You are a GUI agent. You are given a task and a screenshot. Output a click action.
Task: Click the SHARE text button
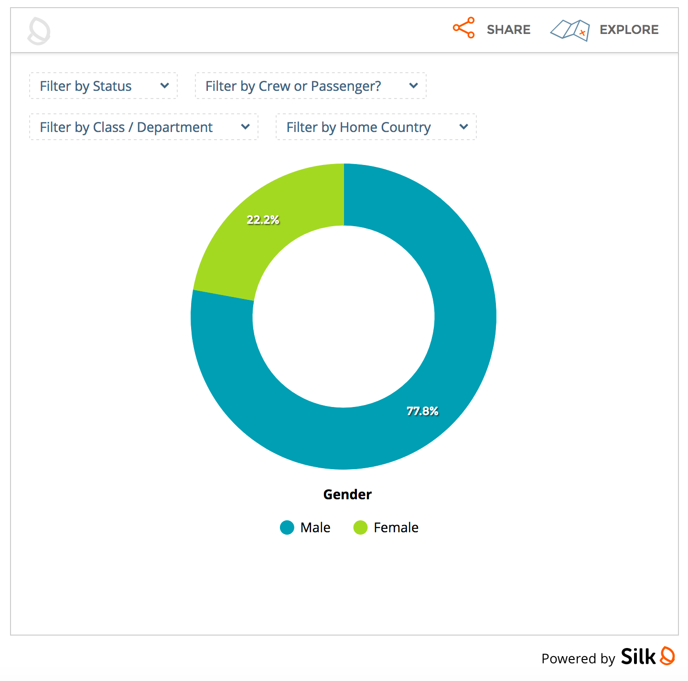pos(508,30)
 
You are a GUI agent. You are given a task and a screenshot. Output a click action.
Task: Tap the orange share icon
pos(464,28)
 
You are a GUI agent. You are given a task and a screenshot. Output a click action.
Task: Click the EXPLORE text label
pos(629,30)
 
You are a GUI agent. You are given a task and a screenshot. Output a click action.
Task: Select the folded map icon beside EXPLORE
pos(570,30)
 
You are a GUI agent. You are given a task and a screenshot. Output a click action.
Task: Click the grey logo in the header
pos(39,31)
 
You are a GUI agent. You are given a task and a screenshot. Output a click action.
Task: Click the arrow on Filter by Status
pos(165,86)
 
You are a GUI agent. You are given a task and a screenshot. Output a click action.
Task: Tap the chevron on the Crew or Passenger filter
pos(414,86)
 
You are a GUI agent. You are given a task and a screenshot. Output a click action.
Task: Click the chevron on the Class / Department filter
pos(246,127)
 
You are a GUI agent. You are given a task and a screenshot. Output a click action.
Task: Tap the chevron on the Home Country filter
pos(463,127)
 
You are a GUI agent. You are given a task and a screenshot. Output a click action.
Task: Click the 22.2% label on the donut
pos(263,220)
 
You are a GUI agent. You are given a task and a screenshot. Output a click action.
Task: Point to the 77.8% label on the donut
pos(422,411)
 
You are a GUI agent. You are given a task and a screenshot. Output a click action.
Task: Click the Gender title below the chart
pos(347,494)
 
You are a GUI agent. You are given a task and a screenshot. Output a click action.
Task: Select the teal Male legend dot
pos(287,527)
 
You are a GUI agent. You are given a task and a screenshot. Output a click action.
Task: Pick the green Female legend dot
pos(360,527)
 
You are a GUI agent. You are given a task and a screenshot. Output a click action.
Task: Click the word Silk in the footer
pos(638,657)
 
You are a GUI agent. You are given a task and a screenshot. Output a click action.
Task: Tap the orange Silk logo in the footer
pos(667,656)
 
